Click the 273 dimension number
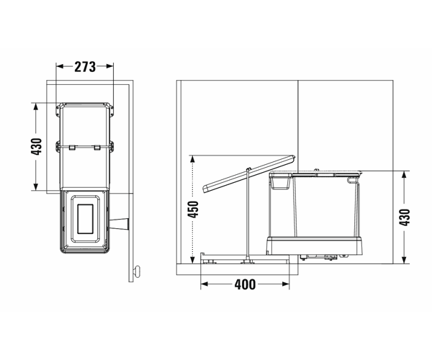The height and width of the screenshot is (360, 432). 85,67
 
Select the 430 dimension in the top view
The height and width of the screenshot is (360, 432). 37,147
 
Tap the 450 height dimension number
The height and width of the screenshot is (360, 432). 193,210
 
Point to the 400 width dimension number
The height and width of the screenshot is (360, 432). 245,284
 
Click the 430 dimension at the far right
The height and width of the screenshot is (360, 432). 405,217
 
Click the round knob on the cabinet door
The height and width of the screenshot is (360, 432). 137,271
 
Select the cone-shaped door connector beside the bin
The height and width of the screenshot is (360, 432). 120,224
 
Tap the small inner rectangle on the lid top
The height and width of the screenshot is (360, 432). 85,219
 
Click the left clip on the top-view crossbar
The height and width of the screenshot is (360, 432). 72,148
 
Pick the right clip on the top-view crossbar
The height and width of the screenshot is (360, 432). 97,148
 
